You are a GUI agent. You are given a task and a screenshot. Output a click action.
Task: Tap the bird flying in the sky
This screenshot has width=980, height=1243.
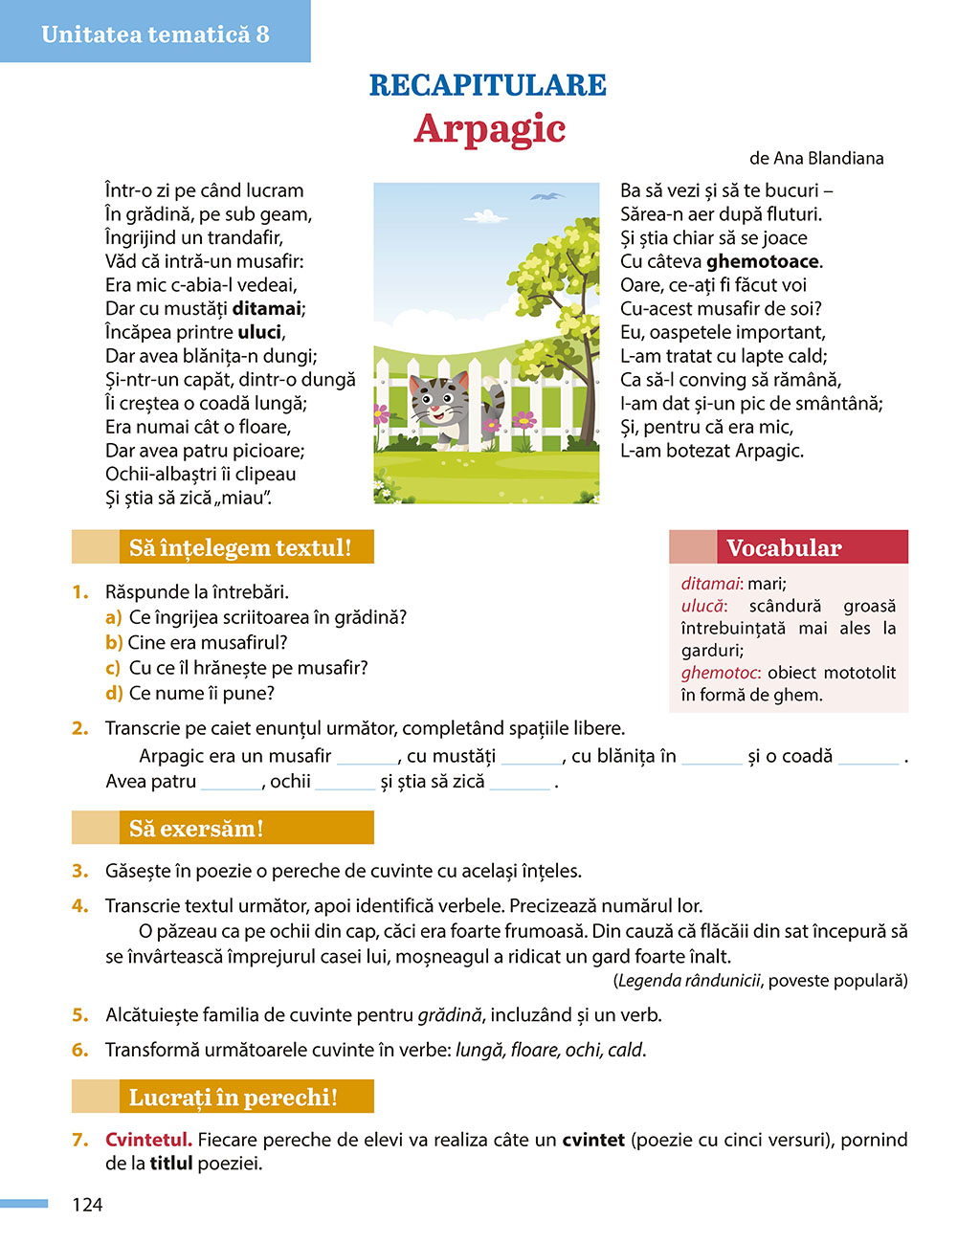pos(547,197)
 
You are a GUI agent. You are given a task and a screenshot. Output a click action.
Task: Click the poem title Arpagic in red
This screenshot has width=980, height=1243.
pos(490,129)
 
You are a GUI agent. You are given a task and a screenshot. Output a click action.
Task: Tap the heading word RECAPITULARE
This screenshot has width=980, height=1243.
pos(488,85)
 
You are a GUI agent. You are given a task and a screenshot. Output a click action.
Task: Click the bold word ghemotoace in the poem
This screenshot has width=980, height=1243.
pos(763,261)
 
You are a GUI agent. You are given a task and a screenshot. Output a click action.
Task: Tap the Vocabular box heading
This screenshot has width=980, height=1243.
pos(784,547)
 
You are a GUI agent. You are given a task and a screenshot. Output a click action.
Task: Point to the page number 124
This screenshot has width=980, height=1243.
pos(87,1205)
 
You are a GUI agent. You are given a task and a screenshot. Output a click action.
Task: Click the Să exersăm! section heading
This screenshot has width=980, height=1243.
pos(196,828)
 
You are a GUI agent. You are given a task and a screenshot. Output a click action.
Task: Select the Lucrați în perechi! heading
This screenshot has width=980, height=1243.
pos(233,1097)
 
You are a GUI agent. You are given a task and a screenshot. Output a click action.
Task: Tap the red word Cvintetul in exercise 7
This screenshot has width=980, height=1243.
pos(148,1140)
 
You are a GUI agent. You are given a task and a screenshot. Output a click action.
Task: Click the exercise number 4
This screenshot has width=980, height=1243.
pos(80,905)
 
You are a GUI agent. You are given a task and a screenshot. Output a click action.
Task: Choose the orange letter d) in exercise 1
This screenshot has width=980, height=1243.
pos(114,693)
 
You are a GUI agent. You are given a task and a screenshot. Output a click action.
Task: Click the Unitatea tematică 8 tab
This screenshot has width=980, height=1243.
pos(155,34)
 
